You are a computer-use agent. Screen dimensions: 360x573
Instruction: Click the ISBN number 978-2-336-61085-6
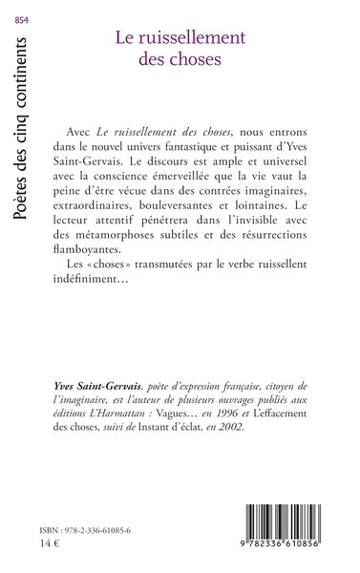98,528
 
